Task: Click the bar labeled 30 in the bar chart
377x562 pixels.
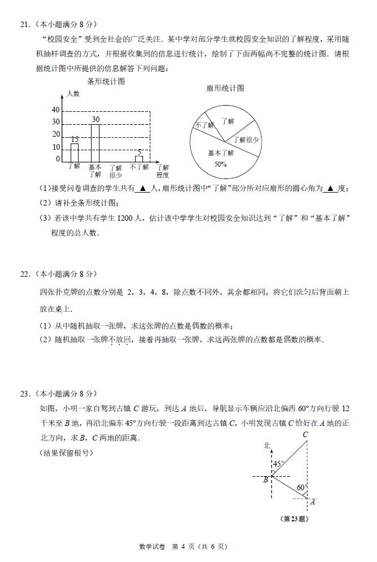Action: pos(96,143)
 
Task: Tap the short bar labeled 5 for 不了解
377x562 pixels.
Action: pos(139,159)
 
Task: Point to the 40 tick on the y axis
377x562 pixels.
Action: pos(55,110)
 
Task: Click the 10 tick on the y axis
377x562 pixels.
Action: pos(56,147)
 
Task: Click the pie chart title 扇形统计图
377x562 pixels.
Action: pos(225,88)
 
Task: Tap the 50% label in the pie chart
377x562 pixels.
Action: pos(220,164)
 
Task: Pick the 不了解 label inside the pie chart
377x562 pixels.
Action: pos(203,125)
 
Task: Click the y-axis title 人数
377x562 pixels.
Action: pos(73,94)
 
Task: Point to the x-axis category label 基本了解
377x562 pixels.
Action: pos(95,171)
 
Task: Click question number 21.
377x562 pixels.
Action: pos(24,24)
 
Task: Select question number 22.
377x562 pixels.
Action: pos(24,274)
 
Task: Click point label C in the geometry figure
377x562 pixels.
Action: pos(305,434)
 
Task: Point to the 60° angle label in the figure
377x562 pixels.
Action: pos(301,487)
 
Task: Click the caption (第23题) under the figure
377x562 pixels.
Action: pos(294,519)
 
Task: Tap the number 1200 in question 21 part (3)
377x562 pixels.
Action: pos(124,219)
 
